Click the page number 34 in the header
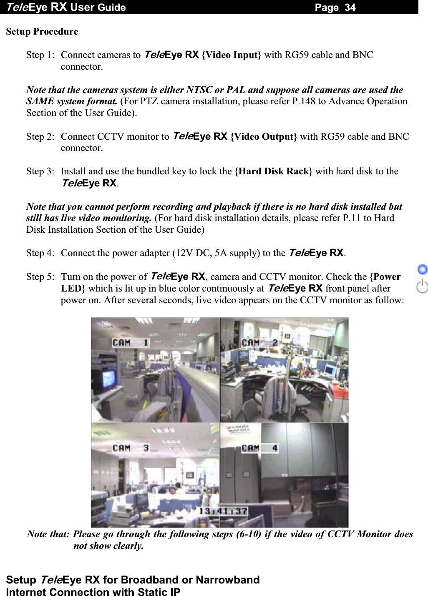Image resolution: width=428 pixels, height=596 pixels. (x=350, y=7)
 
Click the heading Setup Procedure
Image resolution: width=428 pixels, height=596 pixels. (x=42, y=32)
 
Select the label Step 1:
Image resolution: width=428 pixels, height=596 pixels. (x=40, y=55)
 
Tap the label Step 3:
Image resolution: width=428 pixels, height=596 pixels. (x=40, y=171)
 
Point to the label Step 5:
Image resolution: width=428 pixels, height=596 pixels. (x=40, y=277)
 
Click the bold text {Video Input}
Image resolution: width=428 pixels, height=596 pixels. (x=232, y=55)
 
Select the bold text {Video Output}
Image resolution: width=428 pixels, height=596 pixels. (x=264, y=137)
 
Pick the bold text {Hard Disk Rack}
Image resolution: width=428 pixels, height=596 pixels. (x=273, y=171)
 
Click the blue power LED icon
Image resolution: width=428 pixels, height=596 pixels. (x=423, y=269)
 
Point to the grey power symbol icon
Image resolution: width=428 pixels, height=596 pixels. (x=423, y=287)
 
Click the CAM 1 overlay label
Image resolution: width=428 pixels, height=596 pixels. (x=130, y=342)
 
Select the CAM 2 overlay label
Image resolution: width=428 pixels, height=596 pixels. (x=259, y=342)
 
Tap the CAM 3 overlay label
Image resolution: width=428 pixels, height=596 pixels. (x=130, y=448)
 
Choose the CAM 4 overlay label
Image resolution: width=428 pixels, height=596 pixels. (x=259, y=448)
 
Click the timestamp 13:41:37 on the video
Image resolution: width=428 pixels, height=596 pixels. (x=223, y=511)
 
